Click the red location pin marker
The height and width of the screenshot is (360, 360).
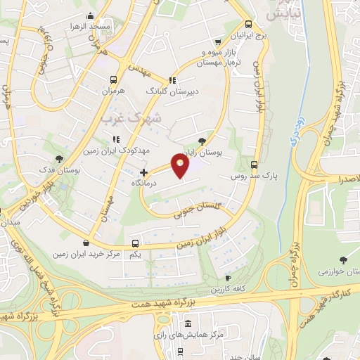181,166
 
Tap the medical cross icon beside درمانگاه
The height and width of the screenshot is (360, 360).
143,172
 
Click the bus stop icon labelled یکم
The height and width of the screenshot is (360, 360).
136,243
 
